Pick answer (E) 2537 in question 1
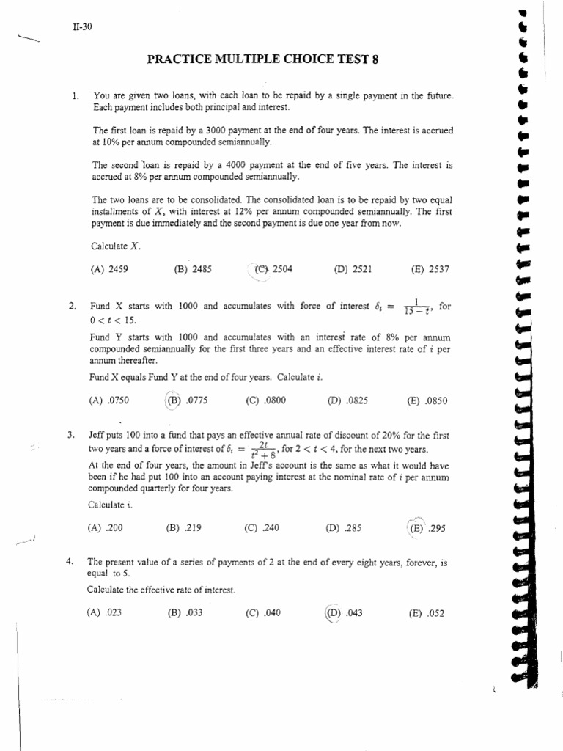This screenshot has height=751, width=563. pyautogui.click(x=430, y=269)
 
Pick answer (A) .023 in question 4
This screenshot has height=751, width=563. pyautogui.click(x=104, y=613)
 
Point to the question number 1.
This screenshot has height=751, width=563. pyautogui.click(x=75, y=95)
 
